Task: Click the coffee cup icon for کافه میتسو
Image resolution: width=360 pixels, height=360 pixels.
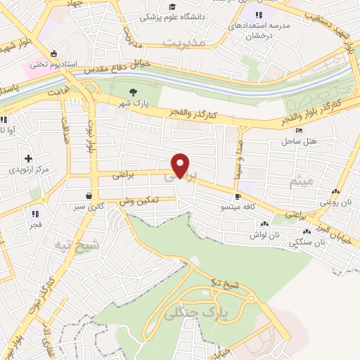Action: coord(238,196)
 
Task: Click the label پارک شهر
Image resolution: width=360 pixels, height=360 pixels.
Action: coord(131,103)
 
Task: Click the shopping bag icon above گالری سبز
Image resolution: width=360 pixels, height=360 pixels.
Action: coord(89,196)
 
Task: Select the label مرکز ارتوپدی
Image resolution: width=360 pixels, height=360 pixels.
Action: coord(28,169)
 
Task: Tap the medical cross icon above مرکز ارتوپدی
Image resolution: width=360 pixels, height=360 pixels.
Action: coord(28,158)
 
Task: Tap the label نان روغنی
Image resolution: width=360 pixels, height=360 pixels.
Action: coord(335,202)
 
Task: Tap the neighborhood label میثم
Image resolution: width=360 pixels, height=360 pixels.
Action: coord(303,181)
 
